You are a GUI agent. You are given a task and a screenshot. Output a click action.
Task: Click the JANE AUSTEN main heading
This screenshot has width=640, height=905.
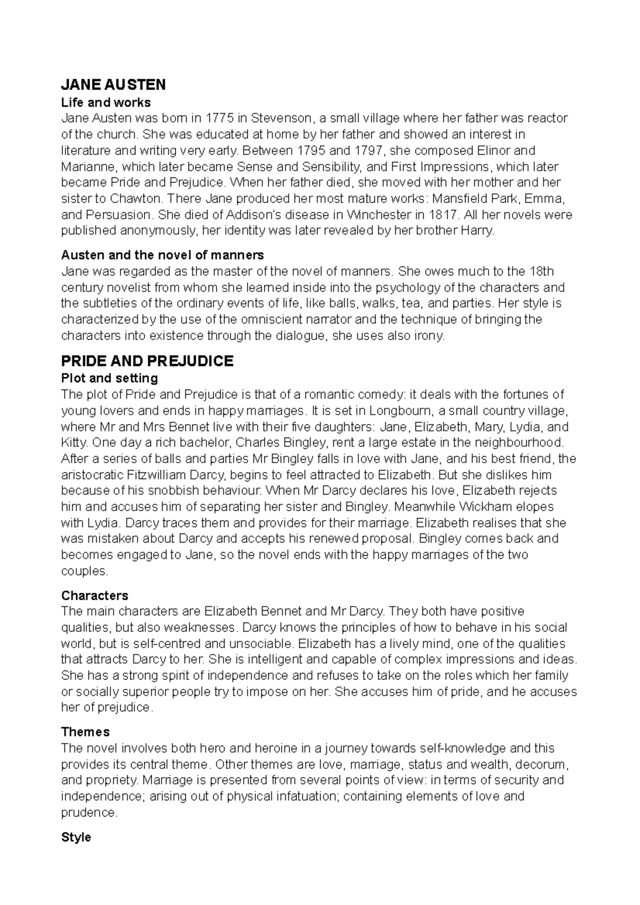tap(114, 84)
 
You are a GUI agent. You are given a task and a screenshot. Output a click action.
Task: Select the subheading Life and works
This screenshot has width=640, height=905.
tap(106, 102)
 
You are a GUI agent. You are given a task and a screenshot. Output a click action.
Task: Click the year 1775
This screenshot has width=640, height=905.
tap(220, 118)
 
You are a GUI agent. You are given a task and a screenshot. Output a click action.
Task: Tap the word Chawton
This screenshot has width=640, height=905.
tap(136, 199)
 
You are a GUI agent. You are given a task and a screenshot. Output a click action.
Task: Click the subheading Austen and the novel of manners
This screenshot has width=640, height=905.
tap(163, 255)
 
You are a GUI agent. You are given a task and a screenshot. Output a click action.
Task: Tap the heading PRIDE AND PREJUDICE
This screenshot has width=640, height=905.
tap(147, 361)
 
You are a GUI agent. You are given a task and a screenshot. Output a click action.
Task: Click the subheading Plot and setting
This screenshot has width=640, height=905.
tap(109, 378)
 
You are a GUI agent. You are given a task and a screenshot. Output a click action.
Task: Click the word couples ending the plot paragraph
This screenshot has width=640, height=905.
tap(84, 571)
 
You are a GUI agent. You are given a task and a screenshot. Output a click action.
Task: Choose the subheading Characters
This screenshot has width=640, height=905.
tap(95, 595)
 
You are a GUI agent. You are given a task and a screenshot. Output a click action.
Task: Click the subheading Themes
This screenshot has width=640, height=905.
tap(85, 731)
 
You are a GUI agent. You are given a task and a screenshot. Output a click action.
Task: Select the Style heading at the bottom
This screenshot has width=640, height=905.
tap(76, 837)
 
